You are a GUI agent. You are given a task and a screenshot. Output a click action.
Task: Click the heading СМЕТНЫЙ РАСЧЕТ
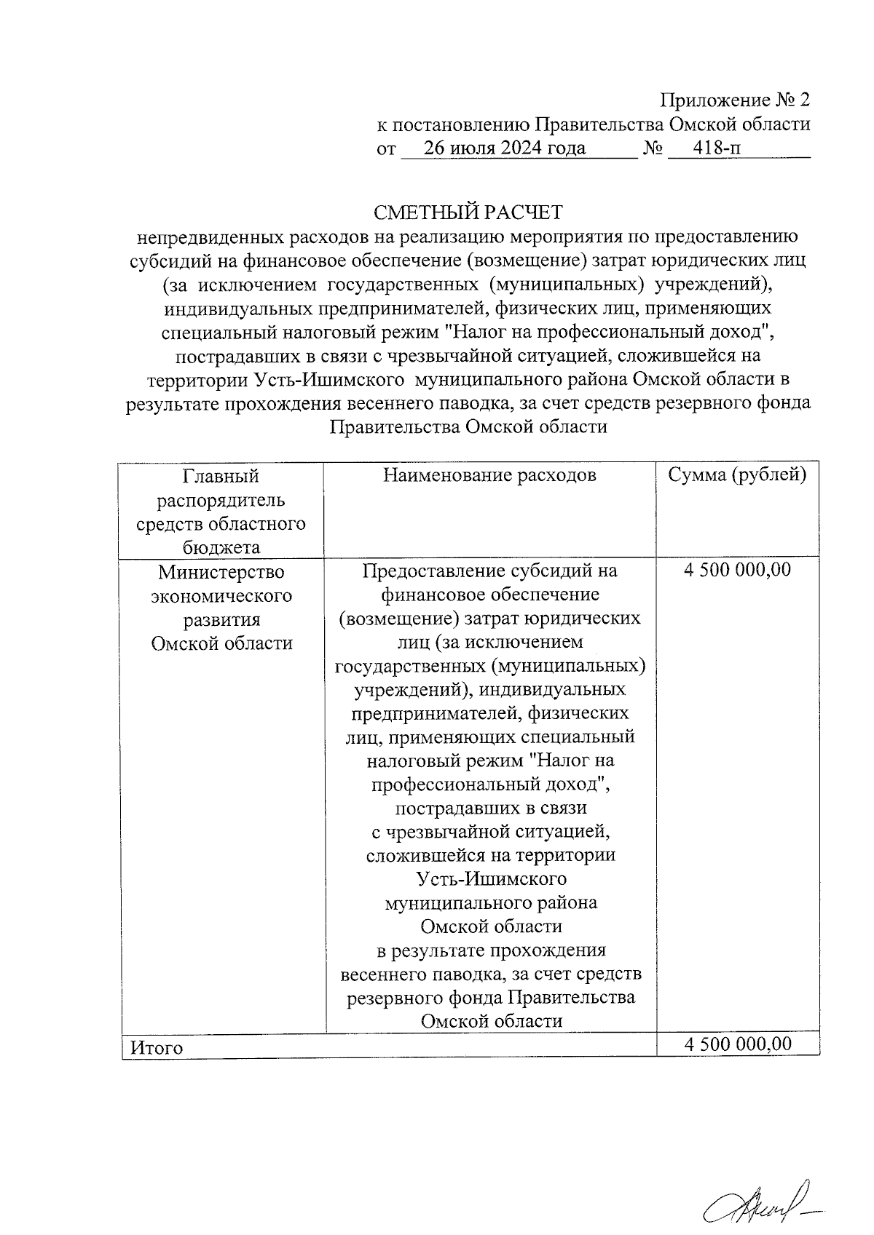pyautogui.click(x=468, y=213)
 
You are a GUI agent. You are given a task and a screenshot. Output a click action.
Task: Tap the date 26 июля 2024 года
pyautogui.click(x=505, y=148)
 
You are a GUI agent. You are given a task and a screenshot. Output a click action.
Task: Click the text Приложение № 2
pyautogui.click(x=735, y=100)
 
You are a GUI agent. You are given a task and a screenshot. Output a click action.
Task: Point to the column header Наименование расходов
pyautogui.click(x=489, y=475)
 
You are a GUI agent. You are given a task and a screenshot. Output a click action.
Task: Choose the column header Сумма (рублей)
pyautogui.click(x=737, y=475)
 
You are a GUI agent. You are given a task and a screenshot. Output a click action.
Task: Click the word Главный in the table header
pyautogui.click(x=221, y=476)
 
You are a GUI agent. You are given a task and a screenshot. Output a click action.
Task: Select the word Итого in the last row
pyautogui.click(x=156, y=1048)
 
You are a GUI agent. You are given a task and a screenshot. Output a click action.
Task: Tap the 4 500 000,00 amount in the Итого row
pyautogui.click(x=737, y=1044)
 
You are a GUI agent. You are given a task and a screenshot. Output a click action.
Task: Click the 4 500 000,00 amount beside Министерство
pyautogui.click(x=737, y=570)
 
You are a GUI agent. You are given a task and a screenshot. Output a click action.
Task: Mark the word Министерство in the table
pyautogui.click(x=221, y=572)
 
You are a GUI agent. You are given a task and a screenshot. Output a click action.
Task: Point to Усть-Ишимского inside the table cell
pyautogui.click(x=492, y=878)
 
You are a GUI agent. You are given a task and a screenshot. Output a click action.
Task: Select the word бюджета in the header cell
pyautogui.click(x=221, y=547)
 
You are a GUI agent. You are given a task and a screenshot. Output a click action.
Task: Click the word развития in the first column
pyautogui.click(x=221, y=620)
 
